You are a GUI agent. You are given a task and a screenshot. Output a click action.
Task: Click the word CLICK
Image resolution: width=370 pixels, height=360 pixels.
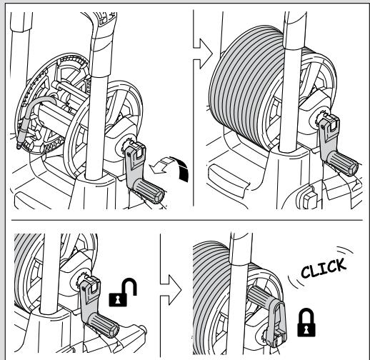[324, 268]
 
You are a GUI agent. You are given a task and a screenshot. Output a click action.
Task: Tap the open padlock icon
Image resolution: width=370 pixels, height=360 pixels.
[123, 292]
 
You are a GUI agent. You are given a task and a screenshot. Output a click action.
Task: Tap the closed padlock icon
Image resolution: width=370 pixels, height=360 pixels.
[306, 323]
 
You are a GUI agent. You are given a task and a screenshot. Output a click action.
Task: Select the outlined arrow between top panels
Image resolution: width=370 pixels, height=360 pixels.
[203, 54]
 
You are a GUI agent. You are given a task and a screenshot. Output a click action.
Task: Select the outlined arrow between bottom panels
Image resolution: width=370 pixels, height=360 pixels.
[171, 290]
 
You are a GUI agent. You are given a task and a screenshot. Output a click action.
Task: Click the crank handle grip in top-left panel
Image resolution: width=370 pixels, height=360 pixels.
[149, 191]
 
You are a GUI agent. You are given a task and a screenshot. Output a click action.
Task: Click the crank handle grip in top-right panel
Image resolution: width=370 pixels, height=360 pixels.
[343, 164]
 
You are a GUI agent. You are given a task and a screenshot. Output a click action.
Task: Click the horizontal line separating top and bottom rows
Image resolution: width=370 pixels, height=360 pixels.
[187, 220]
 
